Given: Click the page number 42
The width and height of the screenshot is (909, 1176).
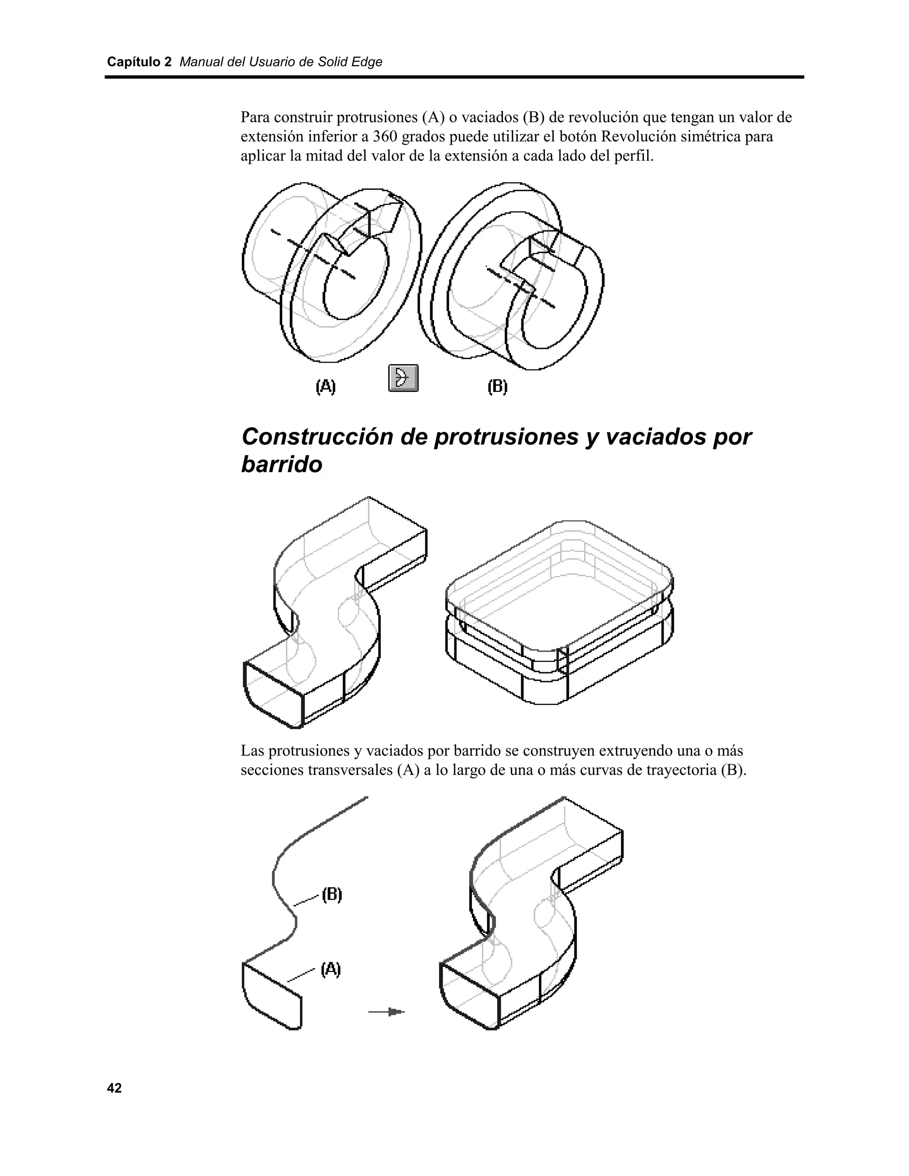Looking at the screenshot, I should (x=114, y=1088).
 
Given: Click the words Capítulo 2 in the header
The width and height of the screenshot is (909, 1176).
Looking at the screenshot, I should (x=139, y=62).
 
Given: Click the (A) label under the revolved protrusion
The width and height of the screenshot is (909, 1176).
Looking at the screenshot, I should (x=325, y=387).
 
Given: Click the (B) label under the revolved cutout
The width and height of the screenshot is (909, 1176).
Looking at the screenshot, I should (x=498, y=387).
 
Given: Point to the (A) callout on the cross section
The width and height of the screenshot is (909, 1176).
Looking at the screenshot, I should (x=331, y=969).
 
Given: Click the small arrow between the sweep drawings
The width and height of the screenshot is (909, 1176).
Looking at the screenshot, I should (x=387, y=1012).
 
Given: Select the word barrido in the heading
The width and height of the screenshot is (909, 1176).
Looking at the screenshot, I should (x=282, y=465).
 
